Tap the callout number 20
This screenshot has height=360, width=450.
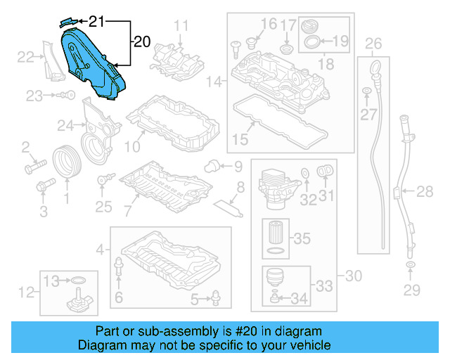point(141,42)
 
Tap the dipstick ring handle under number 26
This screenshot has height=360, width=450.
point(374,68)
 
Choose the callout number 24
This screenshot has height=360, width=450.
point(65,126)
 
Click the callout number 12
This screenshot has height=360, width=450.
point(26,291)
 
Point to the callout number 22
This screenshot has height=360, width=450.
point(25,57)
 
